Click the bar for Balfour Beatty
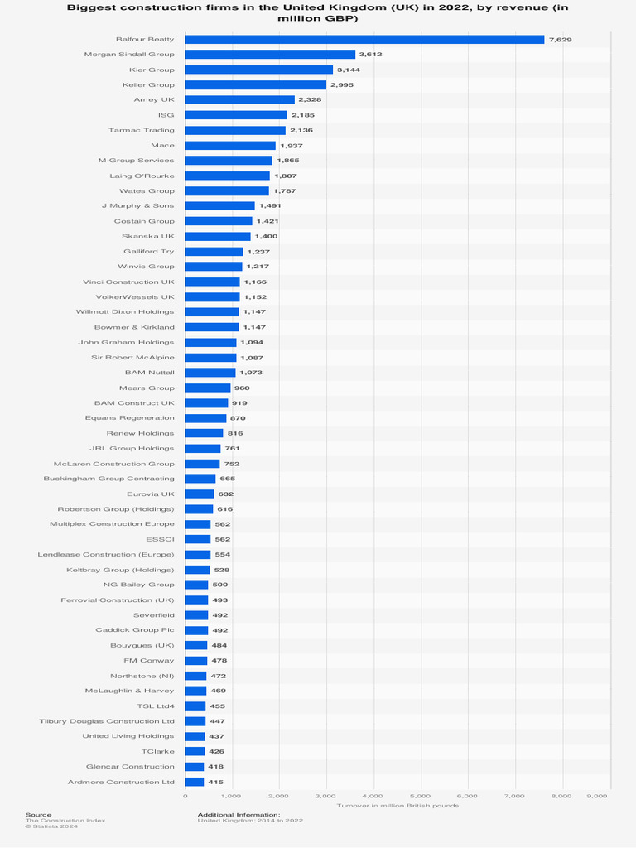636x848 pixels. point(364,39)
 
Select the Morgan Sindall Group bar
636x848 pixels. point(270,55)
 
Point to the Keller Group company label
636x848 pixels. point(148,84)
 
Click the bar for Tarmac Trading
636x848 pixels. point(235,130)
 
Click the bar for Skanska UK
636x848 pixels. point(218,236)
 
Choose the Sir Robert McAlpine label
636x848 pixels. point(132,357)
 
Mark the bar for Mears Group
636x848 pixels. point(208,388)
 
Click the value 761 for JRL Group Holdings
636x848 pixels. point(232,448)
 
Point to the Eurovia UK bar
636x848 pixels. point(200,494)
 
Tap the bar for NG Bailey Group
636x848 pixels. point(196,585)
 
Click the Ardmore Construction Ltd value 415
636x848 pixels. point(215,782)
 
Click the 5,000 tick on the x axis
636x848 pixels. point(422,795)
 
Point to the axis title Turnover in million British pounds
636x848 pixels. point(397,805)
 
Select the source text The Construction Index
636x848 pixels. point(65,820)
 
